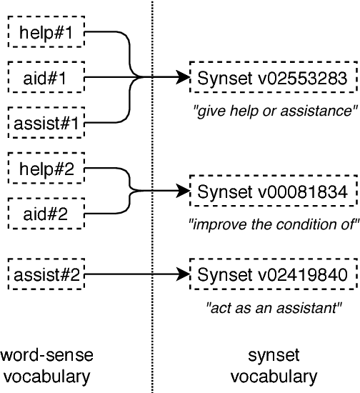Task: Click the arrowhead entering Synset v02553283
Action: (184, 77)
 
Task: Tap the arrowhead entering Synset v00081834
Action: (184, 191)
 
